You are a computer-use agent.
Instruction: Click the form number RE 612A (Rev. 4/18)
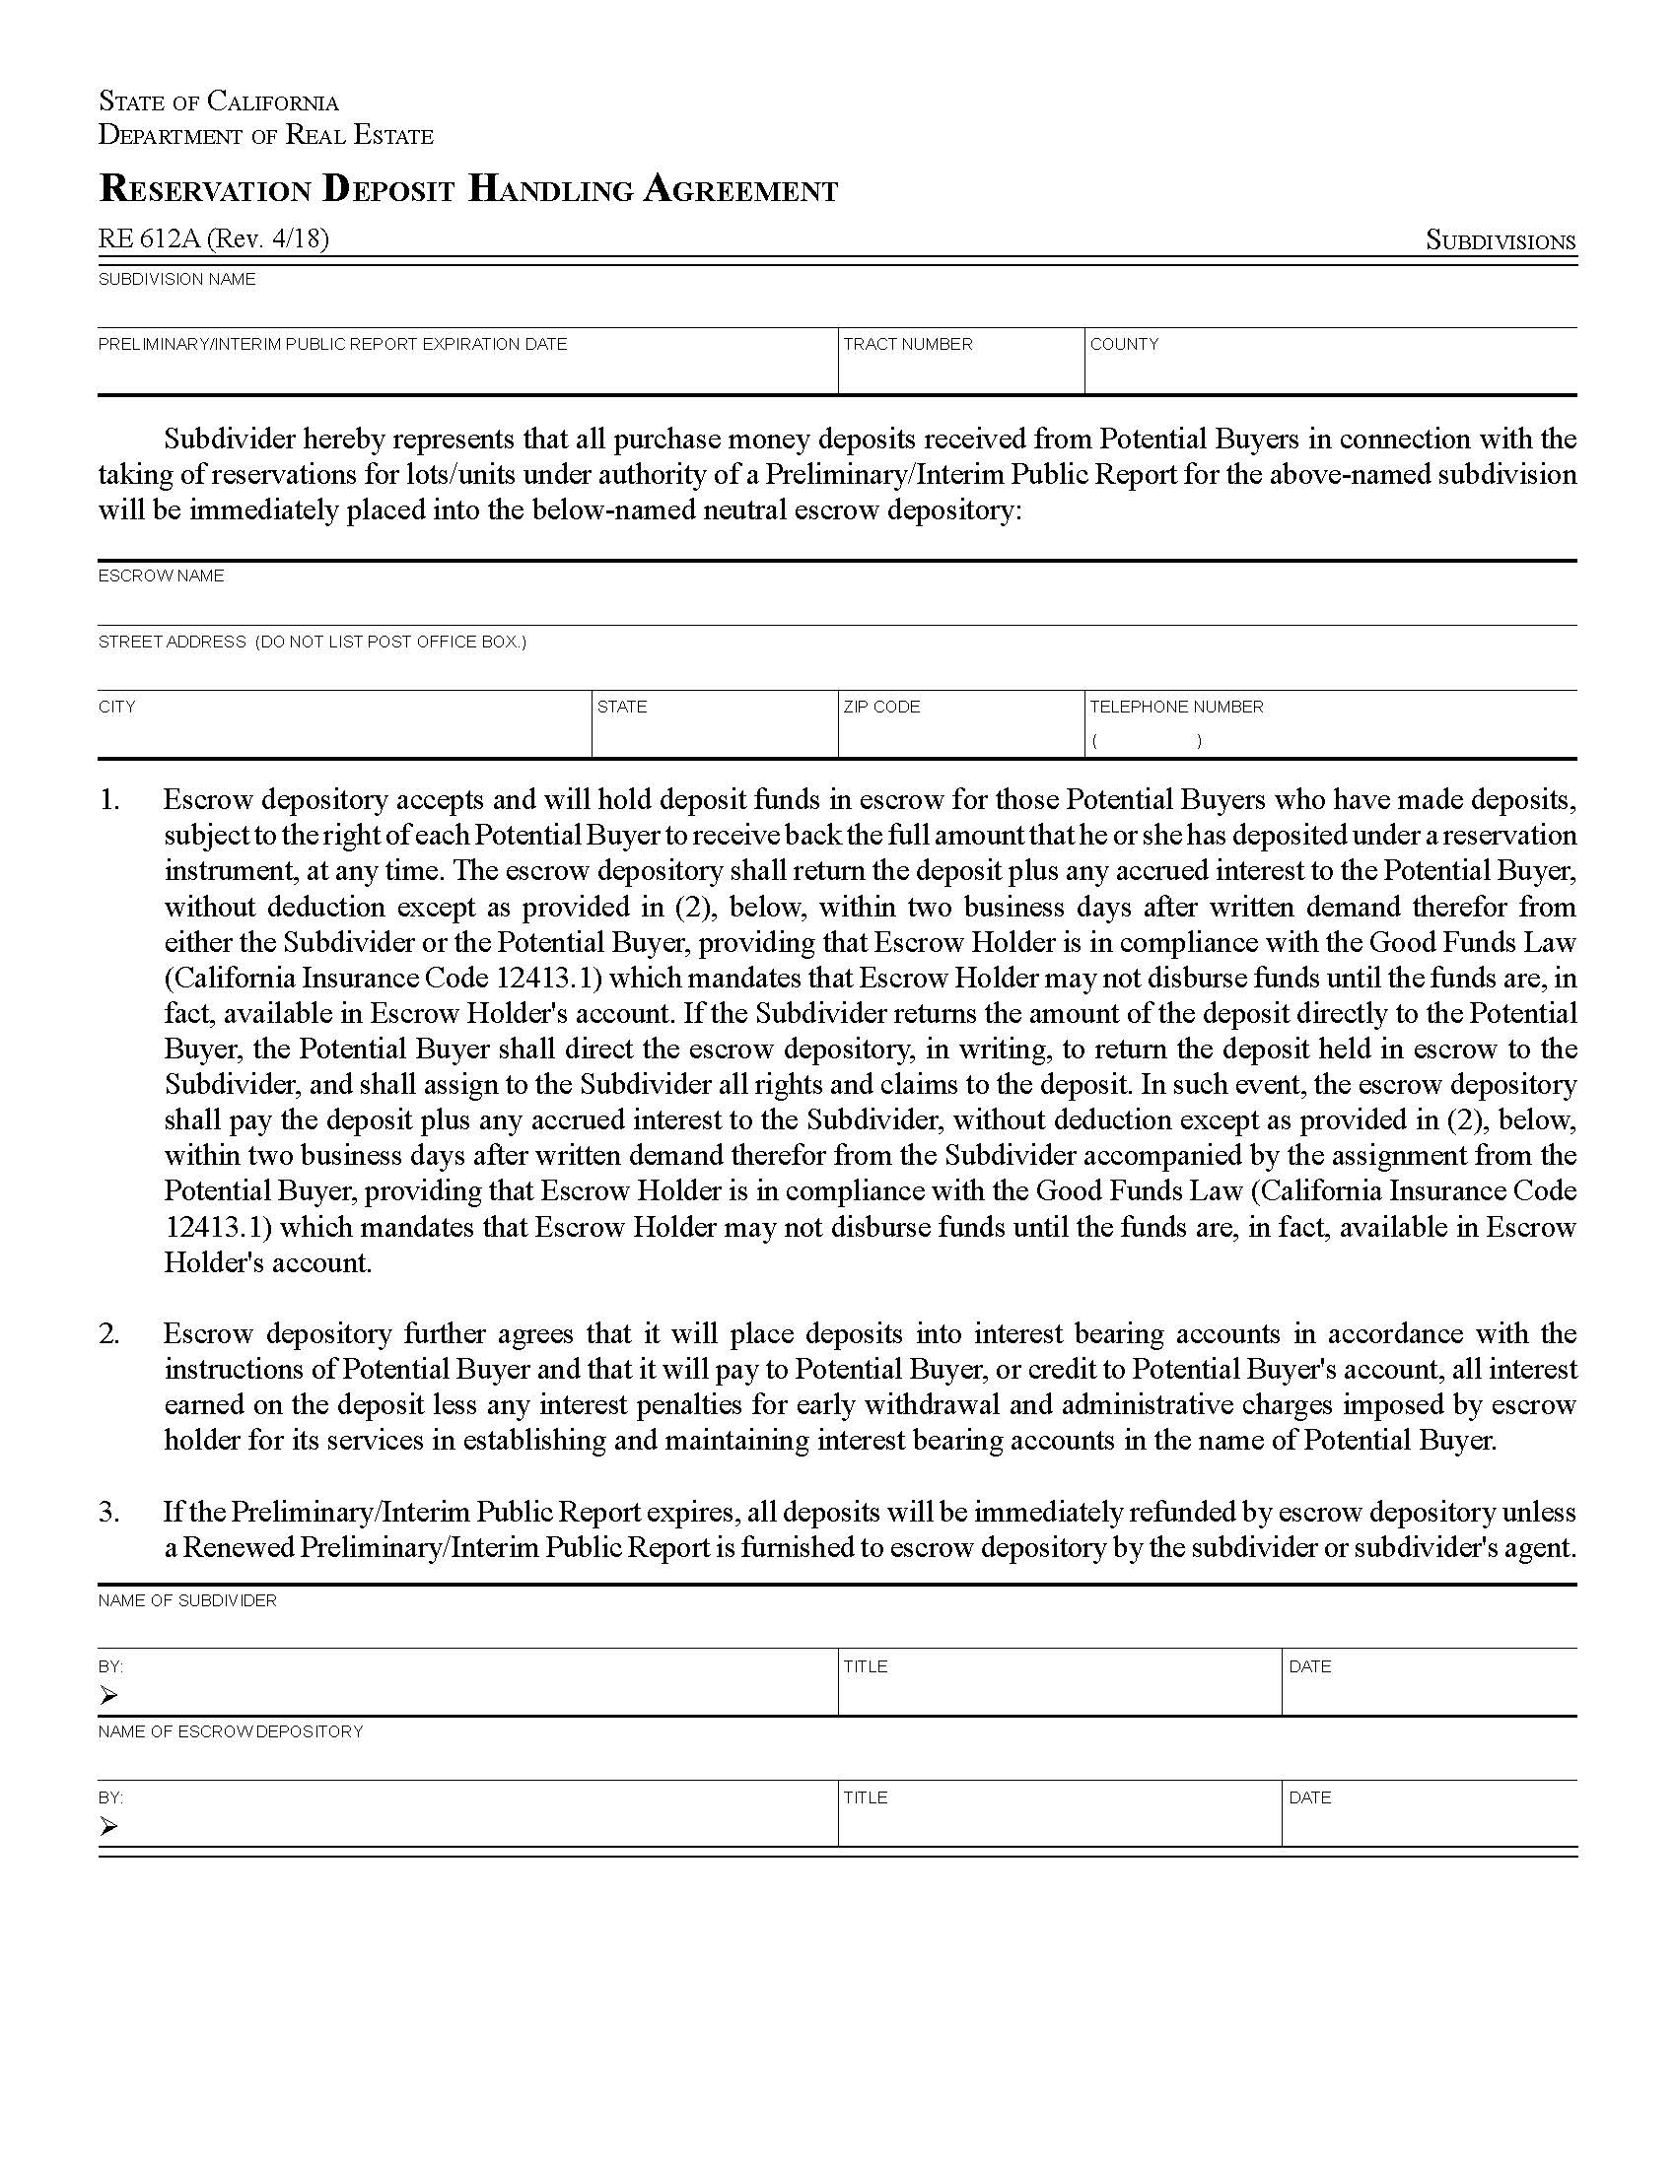tap(214, 238)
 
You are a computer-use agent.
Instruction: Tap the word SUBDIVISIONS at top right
tap(1501, 241)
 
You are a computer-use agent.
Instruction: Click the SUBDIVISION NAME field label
tap(176, 280)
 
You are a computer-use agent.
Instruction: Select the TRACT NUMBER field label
tap(907, 345)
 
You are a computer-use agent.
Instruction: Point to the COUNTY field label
tap(1124, 345)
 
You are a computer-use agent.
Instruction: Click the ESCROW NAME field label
tap(161, 576)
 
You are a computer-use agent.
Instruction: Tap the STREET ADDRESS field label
tap(312, 642)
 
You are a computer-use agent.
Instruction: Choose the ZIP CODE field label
tap(881, 707)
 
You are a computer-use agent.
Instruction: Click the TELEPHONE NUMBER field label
tap(1176, 707)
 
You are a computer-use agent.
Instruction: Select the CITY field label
tap(117, 707)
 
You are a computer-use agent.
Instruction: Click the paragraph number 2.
tap(109, 1334)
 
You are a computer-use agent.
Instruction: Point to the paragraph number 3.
tap(109, 1513)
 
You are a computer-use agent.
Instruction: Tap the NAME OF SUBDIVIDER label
tap(187, 1601)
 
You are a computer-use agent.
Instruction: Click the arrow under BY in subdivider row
tap(108, 1696)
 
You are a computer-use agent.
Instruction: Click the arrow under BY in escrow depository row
tap(108, 1826)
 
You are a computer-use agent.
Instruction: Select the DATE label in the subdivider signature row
tap(1309, 1666)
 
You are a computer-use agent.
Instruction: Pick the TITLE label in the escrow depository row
tap(866, 1797)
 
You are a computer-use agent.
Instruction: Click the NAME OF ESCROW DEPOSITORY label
tap(231, 1732)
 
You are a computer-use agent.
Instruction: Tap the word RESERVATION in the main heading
tap(204, 189)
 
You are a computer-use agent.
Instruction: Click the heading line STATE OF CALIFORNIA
tap(219, 102)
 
